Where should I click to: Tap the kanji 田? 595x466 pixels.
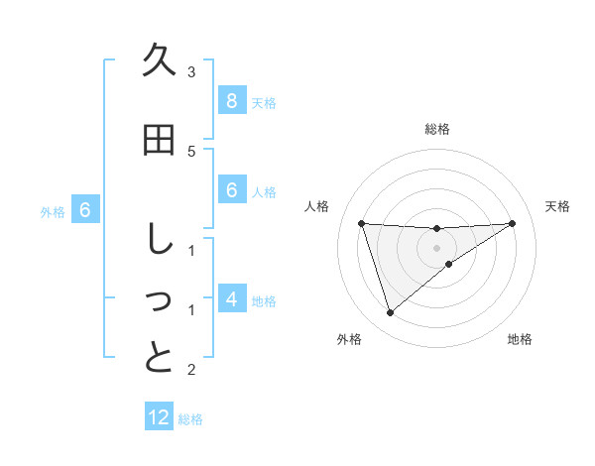click(159, 141)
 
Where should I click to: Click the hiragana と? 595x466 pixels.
click(159, 358)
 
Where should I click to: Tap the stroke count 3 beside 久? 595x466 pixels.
click(191, 71)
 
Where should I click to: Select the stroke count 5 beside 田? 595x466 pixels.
click(191, 151)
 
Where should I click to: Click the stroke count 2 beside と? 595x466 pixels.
click(191, 370)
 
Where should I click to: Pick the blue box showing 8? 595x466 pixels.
click(231, 100)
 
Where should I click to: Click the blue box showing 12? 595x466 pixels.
click(159, 417)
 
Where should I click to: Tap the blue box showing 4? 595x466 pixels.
click(231, 298)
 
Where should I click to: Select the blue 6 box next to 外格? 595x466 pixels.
click(85, 210)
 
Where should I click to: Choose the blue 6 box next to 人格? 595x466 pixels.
click(231, 190)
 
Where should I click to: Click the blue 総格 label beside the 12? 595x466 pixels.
click(190, 419)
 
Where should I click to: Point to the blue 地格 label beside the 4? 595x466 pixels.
click(264, 300)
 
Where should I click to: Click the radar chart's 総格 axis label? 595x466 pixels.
click(437, 129)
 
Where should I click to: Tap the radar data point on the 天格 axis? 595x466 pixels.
click(512, 223)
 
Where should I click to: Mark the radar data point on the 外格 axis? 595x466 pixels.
click(390, 313)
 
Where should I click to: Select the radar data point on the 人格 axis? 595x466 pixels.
click(362, 223)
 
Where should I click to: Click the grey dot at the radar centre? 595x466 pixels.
click(437, 247)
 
